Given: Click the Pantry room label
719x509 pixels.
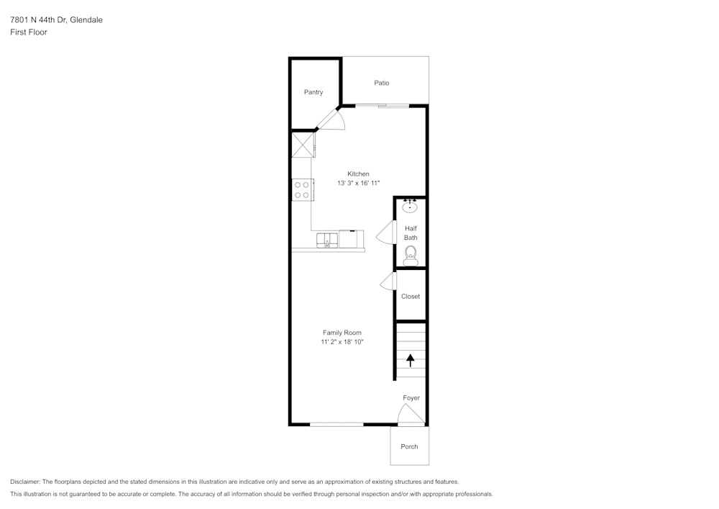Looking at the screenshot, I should (313, 92).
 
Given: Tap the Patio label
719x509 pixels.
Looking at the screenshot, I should (382, 83).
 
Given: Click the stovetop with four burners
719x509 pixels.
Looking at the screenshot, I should (302, 189).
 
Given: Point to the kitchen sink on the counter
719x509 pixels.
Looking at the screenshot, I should (327, 240).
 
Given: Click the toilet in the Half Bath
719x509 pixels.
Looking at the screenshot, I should (411, 253).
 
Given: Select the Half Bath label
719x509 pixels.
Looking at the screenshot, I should (411, 233).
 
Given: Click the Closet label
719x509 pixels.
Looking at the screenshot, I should (411, 296).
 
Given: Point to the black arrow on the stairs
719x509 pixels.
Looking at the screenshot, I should (411, 360).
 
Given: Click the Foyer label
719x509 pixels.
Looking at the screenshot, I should (411, 397).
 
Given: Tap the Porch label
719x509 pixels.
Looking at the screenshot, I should (409, 446).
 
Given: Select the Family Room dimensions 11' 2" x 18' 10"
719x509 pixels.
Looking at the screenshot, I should (342, 342).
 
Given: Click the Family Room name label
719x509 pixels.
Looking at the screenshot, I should (342, 333).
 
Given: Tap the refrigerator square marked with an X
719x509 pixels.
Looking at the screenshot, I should (303, 144).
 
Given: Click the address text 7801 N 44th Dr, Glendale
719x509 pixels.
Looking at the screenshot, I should (56, 20).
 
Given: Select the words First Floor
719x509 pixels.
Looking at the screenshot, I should (29, 32).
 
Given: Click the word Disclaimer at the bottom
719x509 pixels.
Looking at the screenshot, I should (25, 482).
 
